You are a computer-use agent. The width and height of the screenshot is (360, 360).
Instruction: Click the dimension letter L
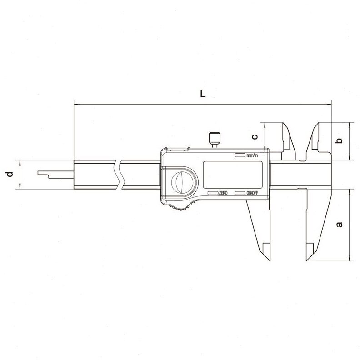[x=203, y=94]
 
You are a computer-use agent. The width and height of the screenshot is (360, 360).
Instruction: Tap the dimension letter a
[x=339, y=224]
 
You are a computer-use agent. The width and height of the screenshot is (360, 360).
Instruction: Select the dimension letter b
[x=339, y=140]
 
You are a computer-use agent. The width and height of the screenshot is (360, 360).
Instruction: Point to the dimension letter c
[x=255, y=137]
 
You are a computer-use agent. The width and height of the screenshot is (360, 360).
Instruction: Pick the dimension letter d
[x=10, y=174]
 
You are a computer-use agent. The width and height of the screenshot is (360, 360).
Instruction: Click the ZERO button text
[x=223, y=193]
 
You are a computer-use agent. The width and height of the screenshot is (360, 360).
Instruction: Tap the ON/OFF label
[x=252, y=193]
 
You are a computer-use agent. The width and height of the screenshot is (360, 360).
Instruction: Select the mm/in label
[x=252, y=155]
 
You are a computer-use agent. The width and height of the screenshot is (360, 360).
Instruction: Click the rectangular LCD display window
[x=233, y=175]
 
